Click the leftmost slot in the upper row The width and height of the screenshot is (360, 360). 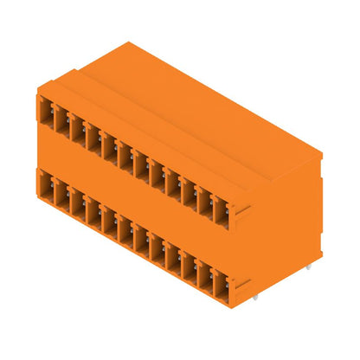tap(45, 112)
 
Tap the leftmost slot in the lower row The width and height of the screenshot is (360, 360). tap(45, 183)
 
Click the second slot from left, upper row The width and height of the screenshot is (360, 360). tap(61, 120)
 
